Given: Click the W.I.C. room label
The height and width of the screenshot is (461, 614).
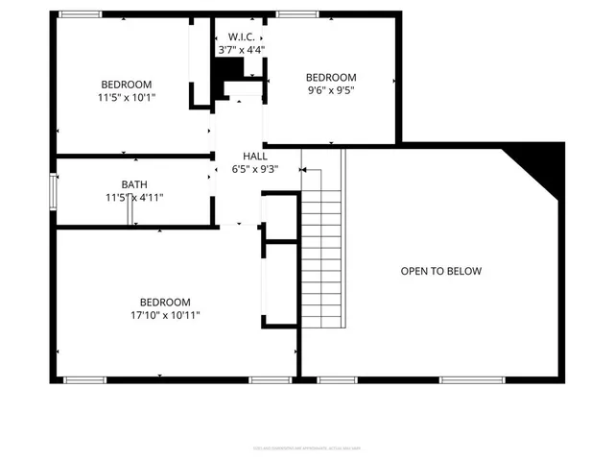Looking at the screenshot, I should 241,36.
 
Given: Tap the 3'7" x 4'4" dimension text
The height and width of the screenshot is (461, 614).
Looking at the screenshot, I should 241,49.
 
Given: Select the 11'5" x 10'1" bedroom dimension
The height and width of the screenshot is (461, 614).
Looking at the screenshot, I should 126,97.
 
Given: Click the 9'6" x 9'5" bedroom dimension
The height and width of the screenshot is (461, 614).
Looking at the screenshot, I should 331,92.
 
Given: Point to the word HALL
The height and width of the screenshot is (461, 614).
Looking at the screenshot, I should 255,156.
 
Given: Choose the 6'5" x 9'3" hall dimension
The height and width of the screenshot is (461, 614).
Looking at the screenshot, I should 255,169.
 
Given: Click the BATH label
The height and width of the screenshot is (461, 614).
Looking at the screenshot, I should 134,184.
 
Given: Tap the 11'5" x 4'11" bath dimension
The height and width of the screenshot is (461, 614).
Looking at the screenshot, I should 134,198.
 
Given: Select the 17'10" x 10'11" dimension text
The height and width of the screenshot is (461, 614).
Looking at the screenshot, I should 165,315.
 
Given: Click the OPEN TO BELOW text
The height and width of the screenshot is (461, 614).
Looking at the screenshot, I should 441,272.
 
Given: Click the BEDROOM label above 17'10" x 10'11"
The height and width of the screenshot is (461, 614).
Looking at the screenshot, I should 165,302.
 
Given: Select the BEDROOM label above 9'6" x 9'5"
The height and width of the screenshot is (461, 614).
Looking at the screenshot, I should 331,78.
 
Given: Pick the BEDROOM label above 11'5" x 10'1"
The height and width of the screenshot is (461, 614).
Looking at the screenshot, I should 126,84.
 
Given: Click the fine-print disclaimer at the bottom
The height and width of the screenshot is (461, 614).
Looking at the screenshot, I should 307,447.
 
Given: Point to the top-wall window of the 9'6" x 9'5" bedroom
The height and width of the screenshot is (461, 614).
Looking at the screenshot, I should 293,14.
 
